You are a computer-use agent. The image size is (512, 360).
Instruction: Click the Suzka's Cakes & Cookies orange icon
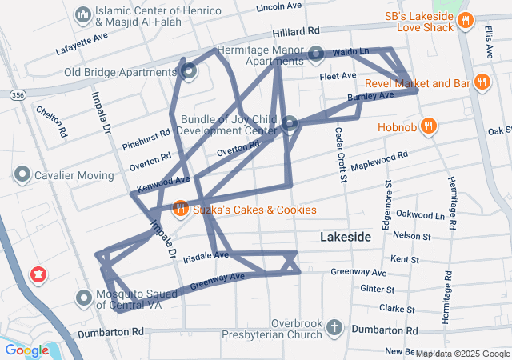click(x=180, y=210)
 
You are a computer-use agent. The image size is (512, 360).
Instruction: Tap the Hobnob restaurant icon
click(x=429, y=125)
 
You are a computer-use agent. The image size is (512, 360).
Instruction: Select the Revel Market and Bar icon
click(x=482, y=82)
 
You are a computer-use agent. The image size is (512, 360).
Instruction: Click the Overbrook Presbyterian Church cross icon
click(x=334, y=328)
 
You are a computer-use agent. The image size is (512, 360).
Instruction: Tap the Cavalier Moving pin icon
click(x=22, y=174)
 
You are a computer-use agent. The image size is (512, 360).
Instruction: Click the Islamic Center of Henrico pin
click(x=82, y=15)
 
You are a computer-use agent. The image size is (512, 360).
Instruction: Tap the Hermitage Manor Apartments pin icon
click(x=317, y=54)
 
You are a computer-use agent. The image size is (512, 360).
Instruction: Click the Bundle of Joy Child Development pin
click(x=290, y=123)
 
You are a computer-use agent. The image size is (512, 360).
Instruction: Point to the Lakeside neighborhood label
click(x=346, y=238)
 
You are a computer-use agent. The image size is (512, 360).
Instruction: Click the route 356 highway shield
click(x=18, y=95)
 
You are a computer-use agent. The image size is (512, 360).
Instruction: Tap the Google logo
click(x=26, y=350)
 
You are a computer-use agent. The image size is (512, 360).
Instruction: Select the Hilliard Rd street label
click(x=296, y=30)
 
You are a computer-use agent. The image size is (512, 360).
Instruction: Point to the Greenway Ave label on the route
click(x=217, y=281)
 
